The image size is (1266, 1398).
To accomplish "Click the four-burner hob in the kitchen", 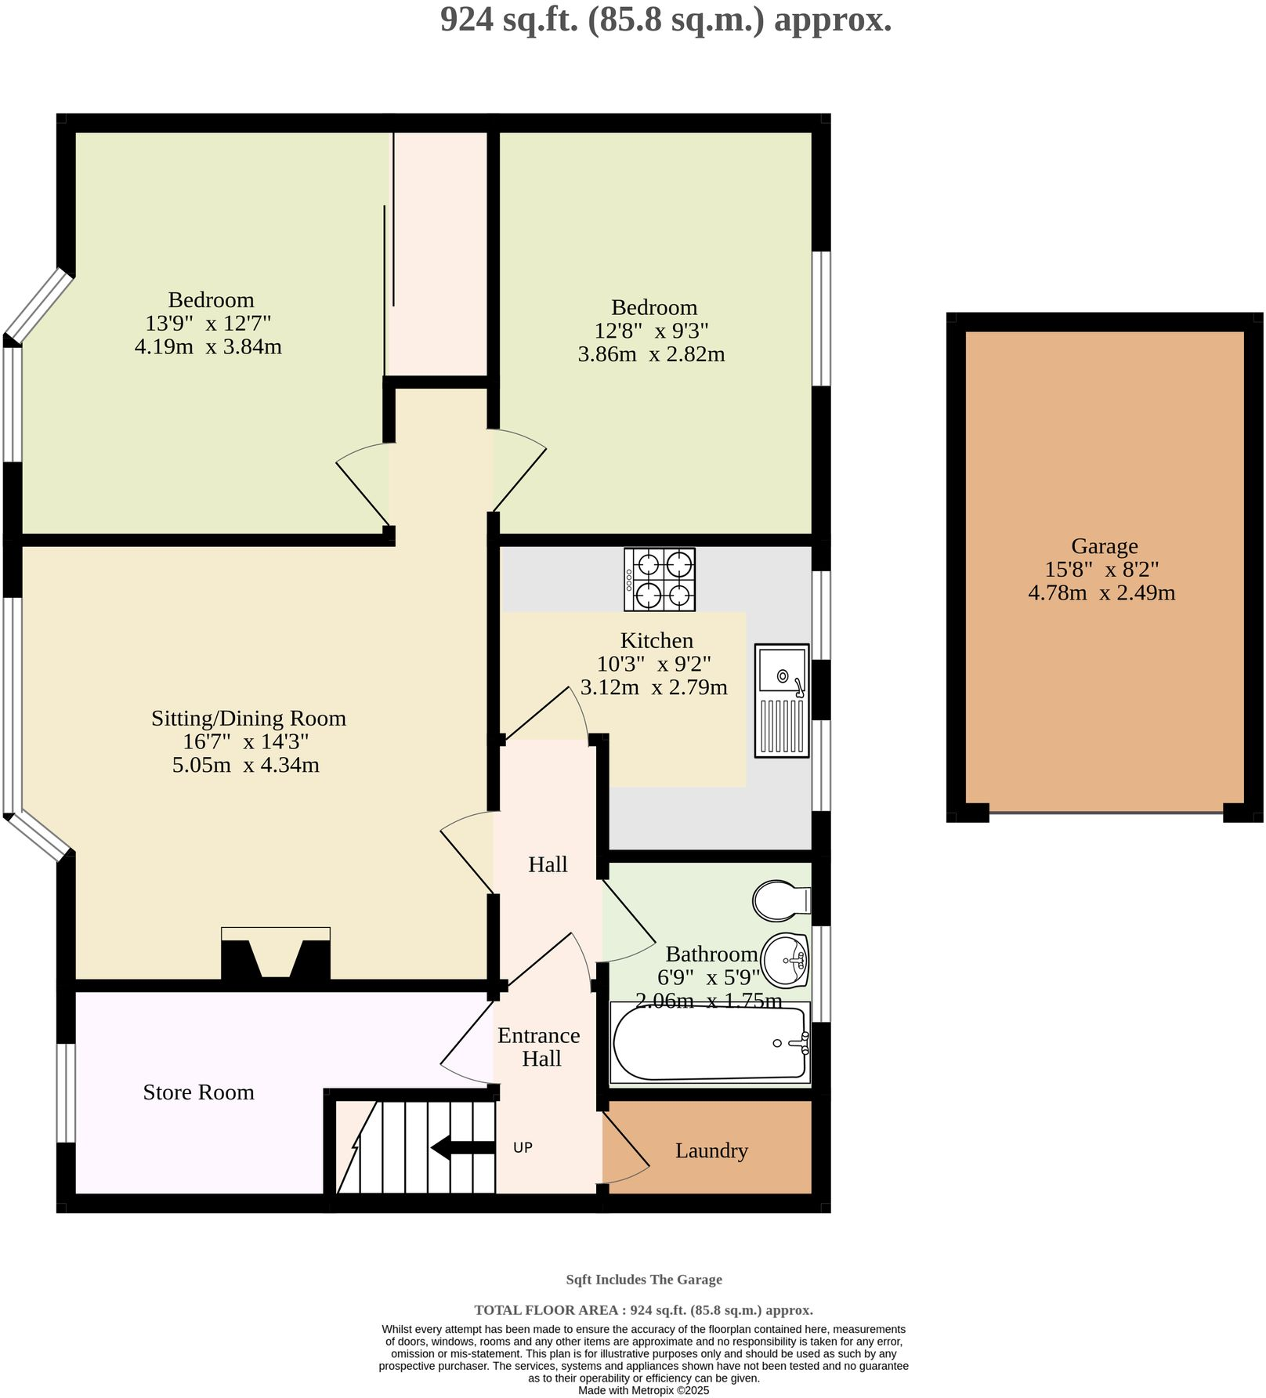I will point(660,580).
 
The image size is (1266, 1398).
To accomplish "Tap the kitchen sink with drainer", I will point(782,701).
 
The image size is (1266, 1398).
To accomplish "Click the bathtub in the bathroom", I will point(709,1043).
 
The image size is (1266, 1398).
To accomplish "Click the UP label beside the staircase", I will point(523,1148).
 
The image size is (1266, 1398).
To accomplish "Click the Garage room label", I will point(1104,546).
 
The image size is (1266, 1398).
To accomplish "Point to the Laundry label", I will point(711,1151).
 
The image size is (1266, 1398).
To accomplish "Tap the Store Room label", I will point(198,1092).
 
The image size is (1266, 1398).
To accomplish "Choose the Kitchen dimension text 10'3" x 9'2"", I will point(653,665).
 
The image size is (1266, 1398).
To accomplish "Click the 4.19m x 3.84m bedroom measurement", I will point(208,346).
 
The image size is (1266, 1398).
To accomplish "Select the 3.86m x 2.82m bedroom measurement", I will point(651,354).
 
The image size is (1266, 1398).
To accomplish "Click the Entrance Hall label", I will point(539,1047).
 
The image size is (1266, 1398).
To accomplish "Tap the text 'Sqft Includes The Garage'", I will point(643,1280).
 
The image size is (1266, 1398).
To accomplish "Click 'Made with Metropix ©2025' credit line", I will point(643,1390).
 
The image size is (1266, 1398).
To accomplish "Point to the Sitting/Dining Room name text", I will point(248,719).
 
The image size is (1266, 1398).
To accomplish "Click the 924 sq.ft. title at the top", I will point(665,20).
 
